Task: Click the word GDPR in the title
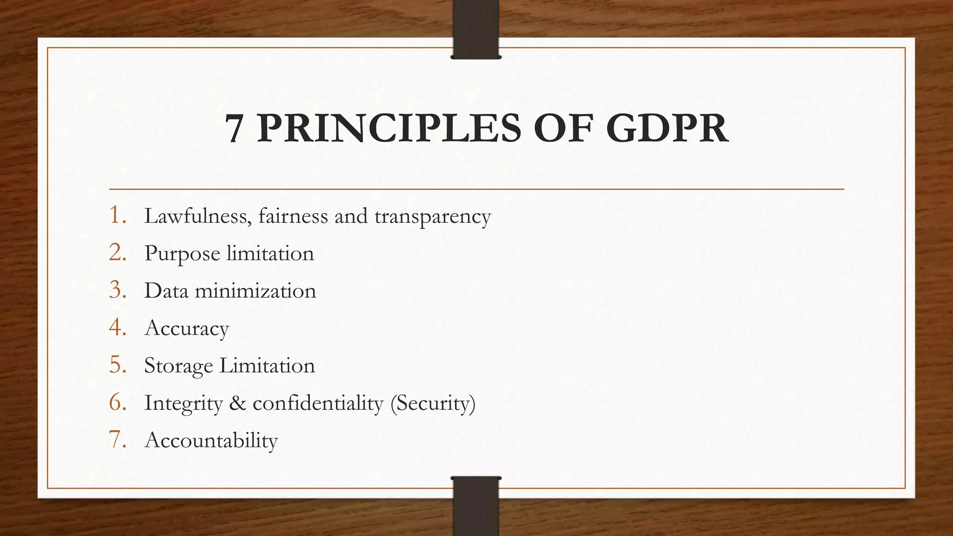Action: [x=667, y=128]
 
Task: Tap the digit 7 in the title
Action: [x=234, y=128]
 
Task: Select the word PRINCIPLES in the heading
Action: [x=389, y=128]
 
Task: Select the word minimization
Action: [x=255, y=291]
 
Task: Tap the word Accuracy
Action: [x=187, y=329]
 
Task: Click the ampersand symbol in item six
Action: [x=237, y=403]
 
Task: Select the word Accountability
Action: [x=211, y=441]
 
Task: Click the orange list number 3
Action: [x=118, y=290]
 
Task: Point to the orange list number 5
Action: [x=118, y=365]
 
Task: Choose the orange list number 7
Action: [x=118, y=440]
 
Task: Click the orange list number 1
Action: [x=118, y=215]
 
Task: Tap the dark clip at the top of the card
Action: [x=476, y=29]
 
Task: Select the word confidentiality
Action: [x=317, y=403]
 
